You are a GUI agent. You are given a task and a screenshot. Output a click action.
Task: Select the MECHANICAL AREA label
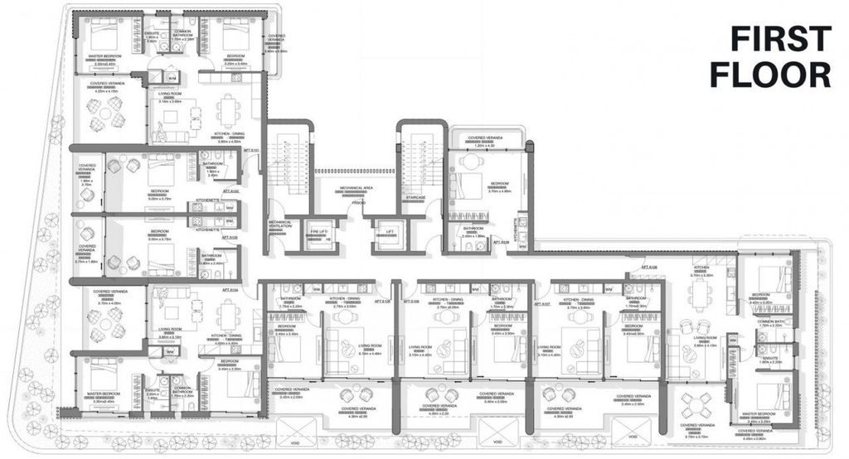coord(357,188)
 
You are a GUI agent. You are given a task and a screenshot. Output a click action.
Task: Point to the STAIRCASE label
coord(415,197)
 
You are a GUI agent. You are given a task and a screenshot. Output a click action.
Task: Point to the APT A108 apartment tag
coord(649,267)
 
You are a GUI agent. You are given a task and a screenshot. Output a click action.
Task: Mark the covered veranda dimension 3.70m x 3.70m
coord(697,436)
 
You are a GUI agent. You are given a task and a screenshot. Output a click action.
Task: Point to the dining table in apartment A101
coord(226,109)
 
